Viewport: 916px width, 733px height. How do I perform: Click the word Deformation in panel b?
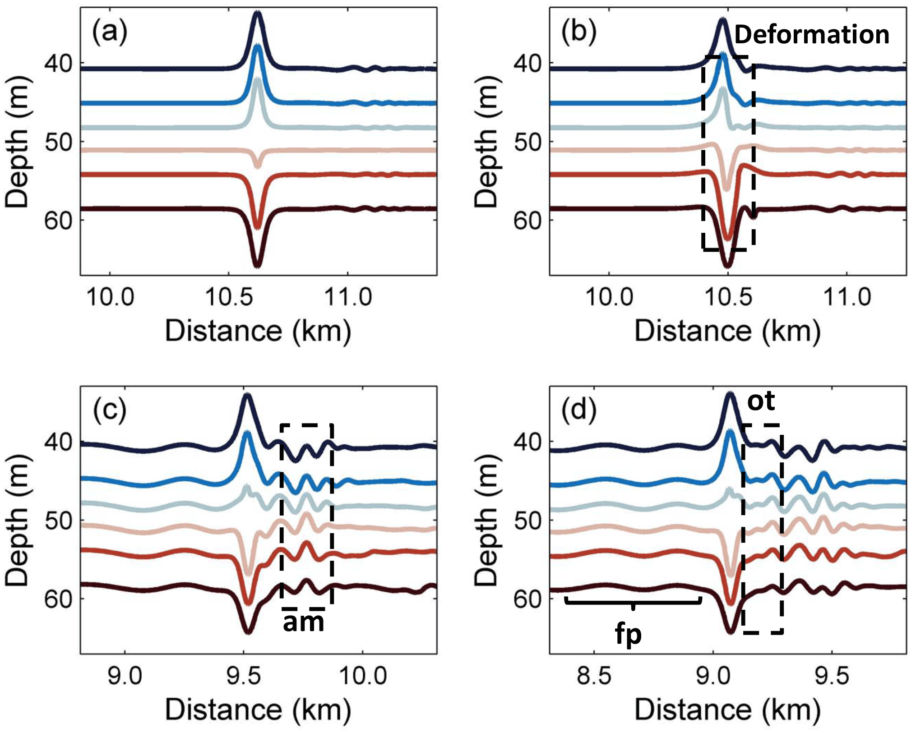pos(812,35)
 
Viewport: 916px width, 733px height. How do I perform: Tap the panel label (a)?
pos(110,32)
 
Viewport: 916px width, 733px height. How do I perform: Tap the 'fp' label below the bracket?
pos(629,634)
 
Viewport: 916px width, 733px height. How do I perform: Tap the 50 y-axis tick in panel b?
pos(528,143)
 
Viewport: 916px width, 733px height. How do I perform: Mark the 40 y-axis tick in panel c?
pos(59,442)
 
